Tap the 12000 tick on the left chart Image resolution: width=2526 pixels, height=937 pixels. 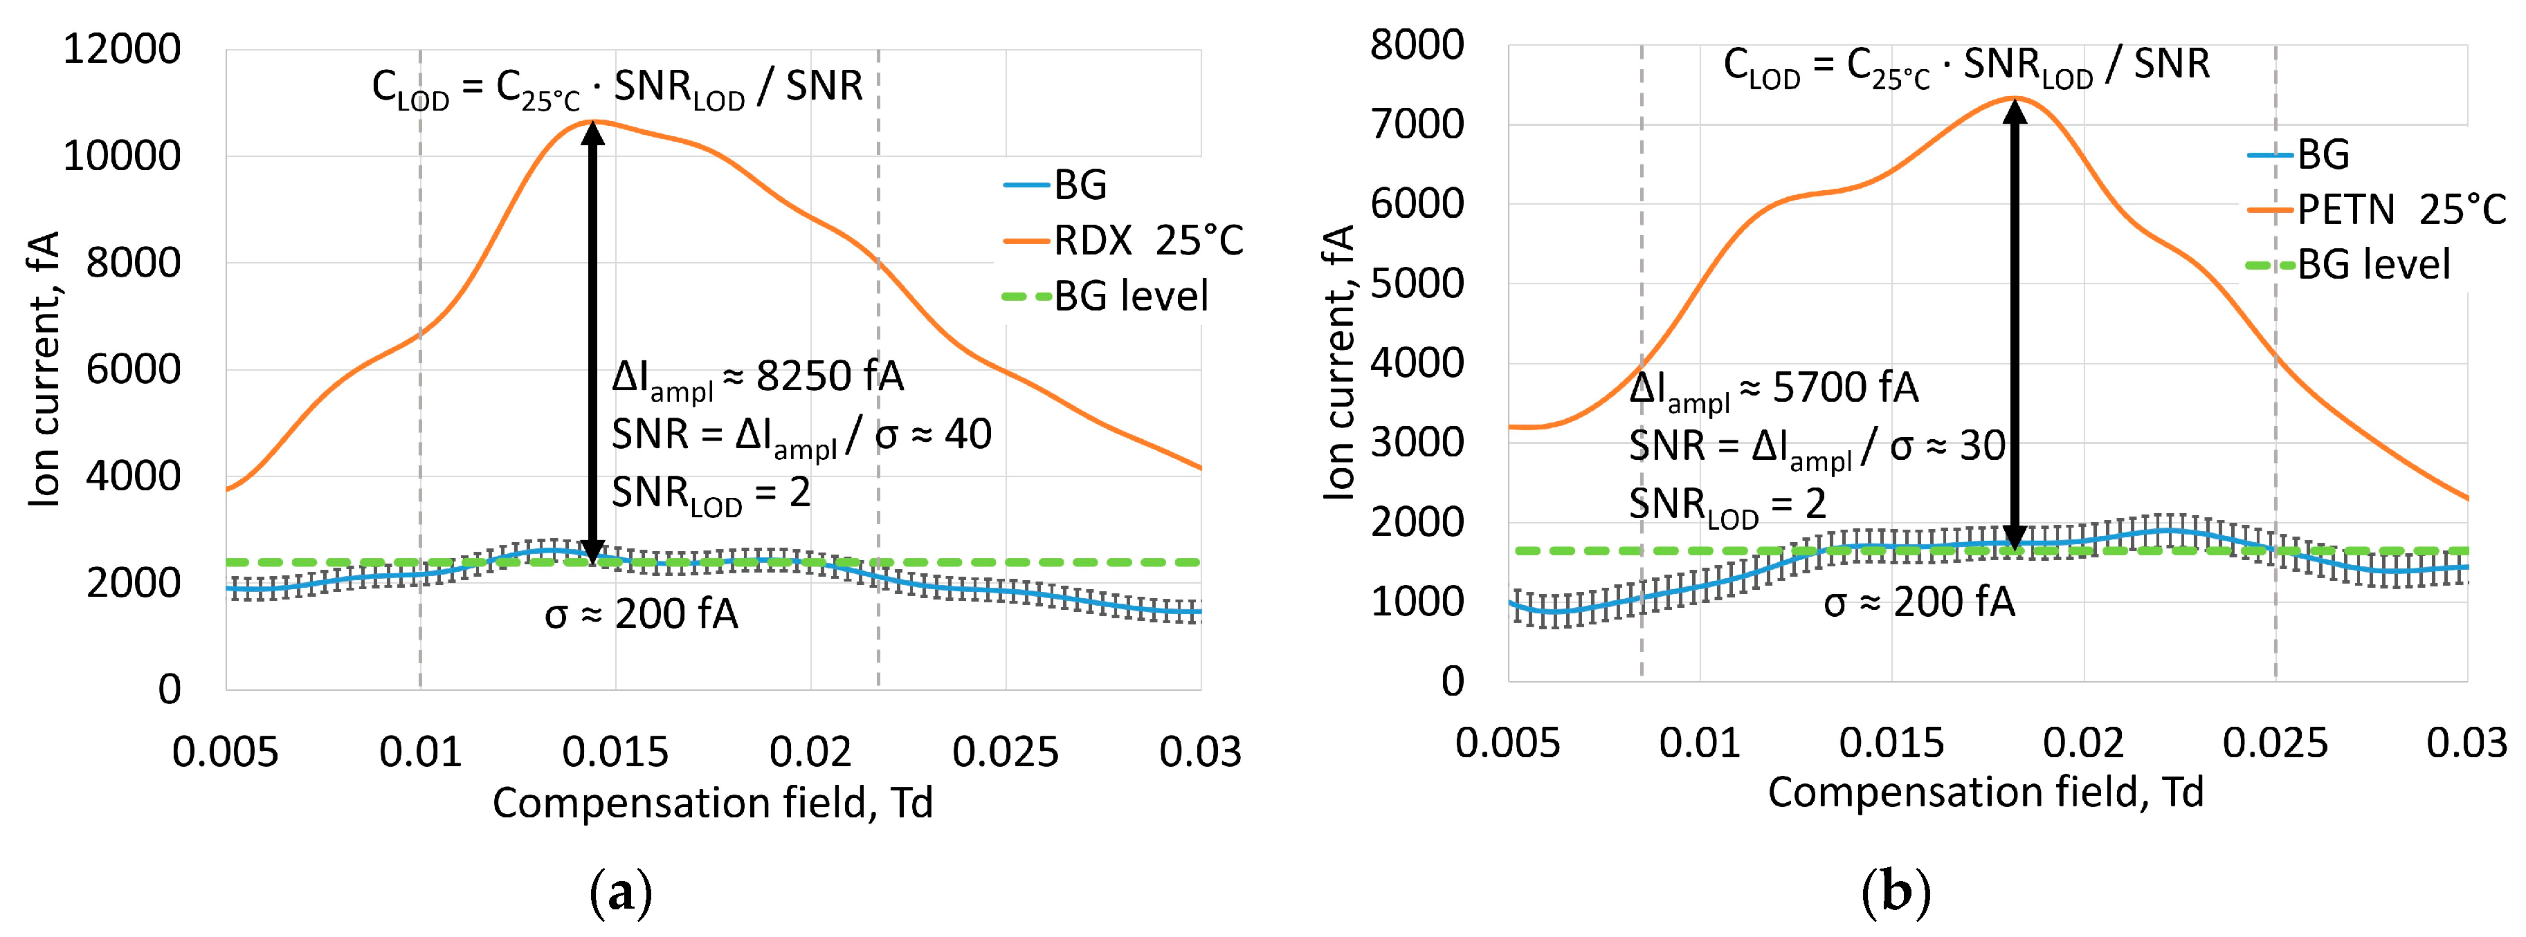[122, 49]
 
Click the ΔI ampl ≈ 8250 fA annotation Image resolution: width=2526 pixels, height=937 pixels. [757, 378]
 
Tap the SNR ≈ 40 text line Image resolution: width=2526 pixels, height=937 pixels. [801, 435]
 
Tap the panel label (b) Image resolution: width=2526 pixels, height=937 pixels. [1895, 893]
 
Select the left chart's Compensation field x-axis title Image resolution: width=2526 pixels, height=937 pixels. [712, 803]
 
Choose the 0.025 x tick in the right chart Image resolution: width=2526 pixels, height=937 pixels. [2275, 743]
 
